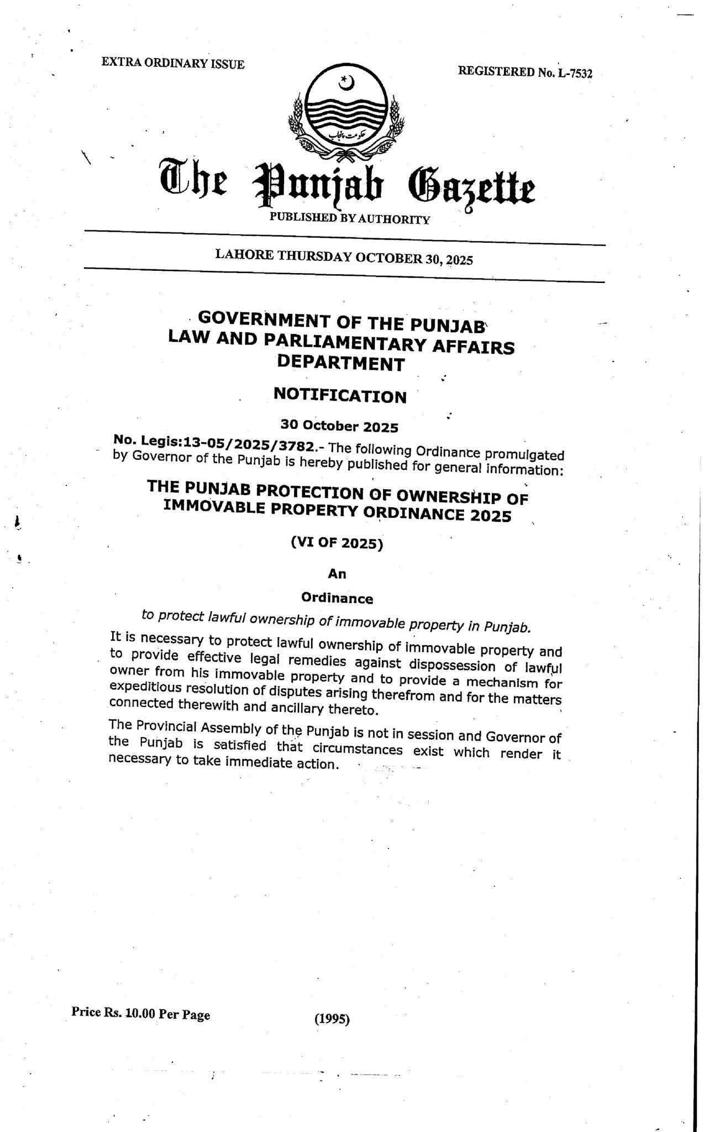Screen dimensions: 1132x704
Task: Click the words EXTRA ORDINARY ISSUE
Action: (172, 63)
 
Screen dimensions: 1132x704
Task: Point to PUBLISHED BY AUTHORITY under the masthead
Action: (349, 218)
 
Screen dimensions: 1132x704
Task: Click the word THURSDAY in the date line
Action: (314, 256)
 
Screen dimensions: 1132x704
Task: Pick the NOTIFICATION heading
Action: (340, 395)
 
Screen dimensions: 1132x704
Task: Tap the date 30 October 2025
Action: (339, 426)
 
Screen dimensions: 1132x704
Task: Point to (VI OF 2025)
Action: (337, 543)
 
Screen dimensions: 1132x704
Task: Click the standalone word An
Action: (337, 574)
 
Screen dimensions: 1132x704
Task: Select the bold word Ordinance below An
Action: (337, 598)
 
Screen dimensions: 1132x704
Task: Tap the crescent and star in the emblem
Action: (346, 83)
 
